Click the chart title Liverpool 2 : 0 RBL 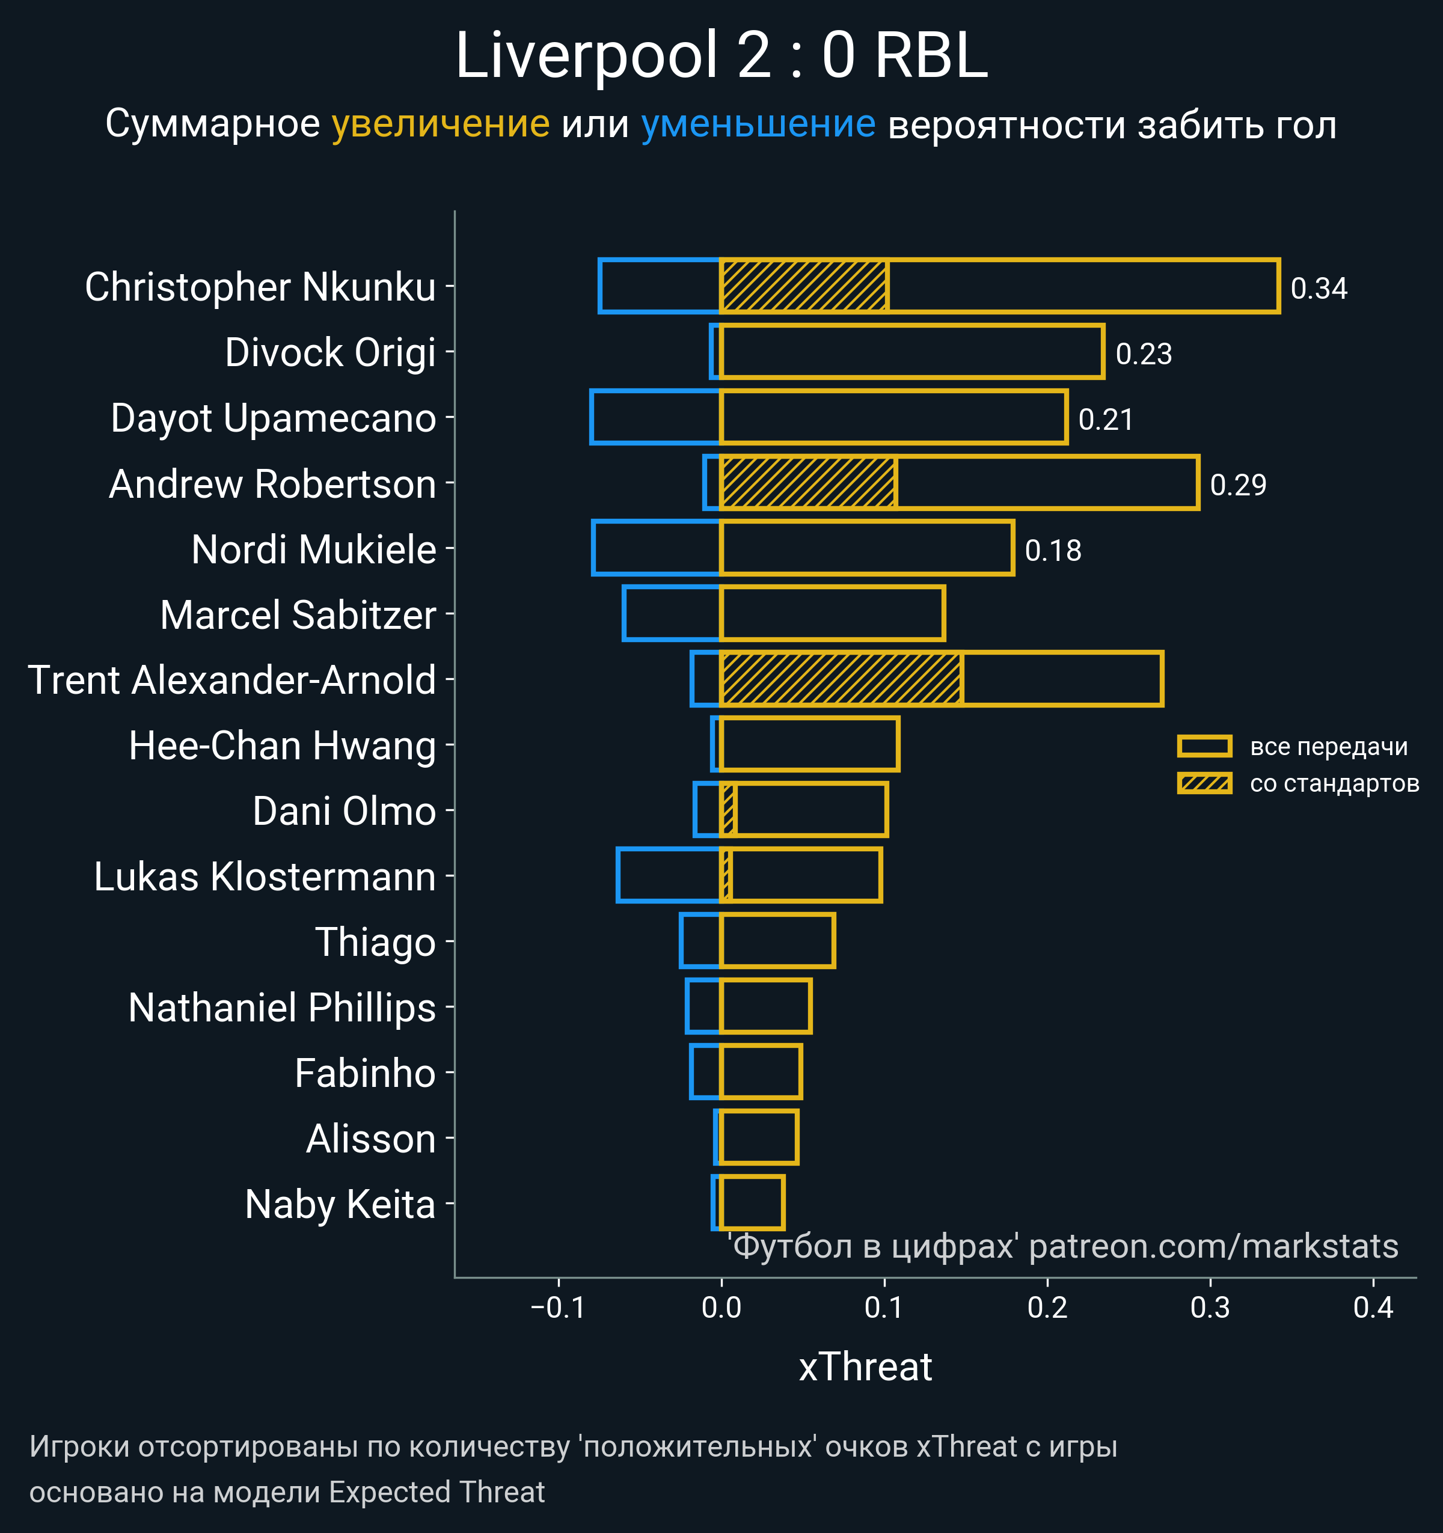coord(721,55)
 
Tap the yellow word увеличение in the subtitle coord(440,124)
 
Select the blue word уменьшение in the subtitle coord(758,124)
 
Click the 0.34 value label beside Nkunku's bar coord(1319,289)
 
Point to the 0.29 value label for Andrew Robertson coord(1238,485)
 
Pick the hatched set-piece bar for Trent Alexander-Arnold coord(841,679)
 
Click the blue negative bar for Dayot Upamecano coord(655,417)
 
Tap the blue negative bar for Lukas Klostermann coord(669,875)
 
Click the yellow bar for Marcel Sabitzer coord(832,614)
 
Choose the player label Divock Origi coord(330,352)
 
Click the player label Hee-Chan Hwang coord(282,745)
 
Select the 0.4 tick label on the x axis coord(1373,1308)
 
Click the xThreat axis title coord(865,1367)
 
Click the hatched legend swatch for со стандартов coord(1204,783)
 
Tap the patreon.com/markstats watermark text coord(1213,1246)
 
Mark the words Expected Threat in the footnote coord(437,1492)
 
